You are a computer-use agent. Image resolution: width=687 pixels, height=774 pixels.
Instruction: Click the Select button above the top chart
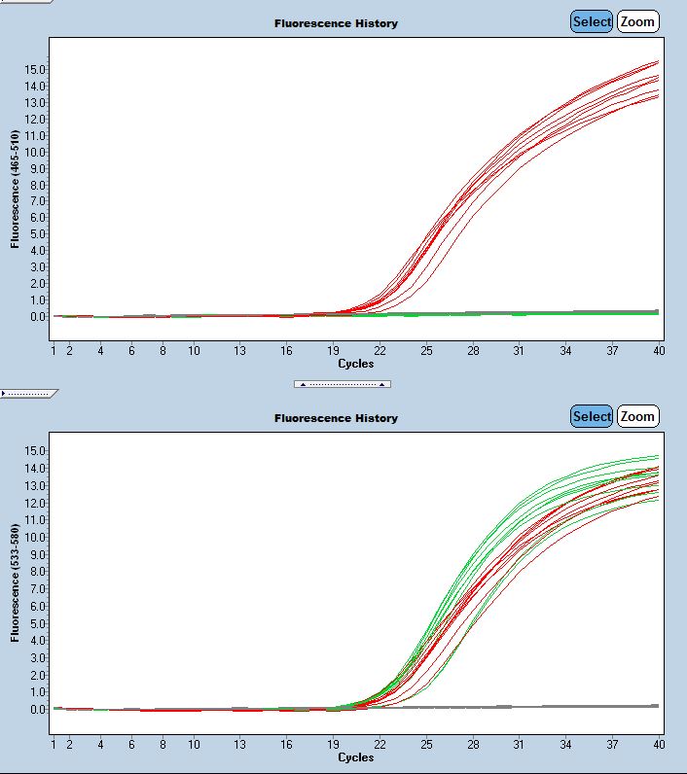tap(592, 21)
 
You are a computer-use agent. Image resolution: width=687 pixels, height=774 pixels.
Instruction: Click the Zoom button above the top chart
tap(637, 21)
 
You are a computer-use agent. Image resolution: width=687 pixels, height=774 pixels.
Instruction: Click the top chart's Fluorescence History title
tap(336, 23)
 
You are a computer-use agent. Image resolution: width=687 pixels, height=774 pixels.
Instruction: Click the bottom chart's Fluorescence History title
tap(336, 418)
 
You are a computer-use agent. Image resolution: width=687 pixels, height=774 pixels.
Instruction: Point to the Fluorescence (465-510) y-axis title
tap(16, 190)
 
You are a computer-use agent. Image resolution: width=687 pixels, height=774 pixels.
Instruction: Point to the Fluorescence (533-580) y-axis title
tap(16, 583)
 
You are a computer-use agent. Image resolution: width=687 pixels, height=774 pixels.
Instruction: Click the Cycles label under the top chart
tap(355, 364)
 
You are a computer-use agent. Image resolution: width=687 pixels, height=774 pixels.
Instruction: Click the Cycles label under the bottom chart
tap(355, 756)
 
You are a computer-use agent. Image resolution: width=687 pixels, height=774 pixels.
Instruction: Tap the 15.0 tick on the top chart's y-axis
tap(36, 69)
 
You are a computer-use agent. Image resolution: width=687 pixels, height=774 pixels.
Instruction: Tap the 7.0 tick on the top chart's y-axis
tap(38, 201)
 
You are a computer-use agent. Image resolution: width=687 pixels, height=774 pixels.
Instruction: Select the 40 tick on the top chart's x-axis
tap(659, 350)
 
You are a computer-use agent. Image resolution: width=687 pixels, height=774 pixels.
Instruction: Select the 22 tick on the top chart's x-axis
tap(380, 350)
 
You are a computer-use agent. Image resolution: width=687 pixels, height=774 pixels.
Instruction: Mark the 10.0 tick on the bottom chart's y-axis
tap(36, 537)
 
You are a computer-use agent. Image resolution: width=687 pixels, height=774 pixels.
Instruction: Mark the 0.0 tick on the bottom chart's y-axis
tap(38, 709)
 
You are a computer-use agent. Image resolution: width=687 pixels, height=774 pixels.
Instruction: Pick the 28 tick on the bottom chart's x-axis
tap(473, 744)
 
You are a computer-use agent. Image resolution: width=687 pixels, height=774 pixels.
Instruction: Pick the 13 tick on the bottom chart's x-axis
tap(240, 744)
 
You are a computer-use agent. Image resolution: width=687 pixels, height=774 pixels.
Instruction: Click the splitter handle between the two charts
tap(343, 384)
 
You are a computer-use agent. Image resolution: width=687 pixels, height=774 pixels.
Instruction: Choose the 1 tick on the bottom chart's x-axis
tap(54, 744)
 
